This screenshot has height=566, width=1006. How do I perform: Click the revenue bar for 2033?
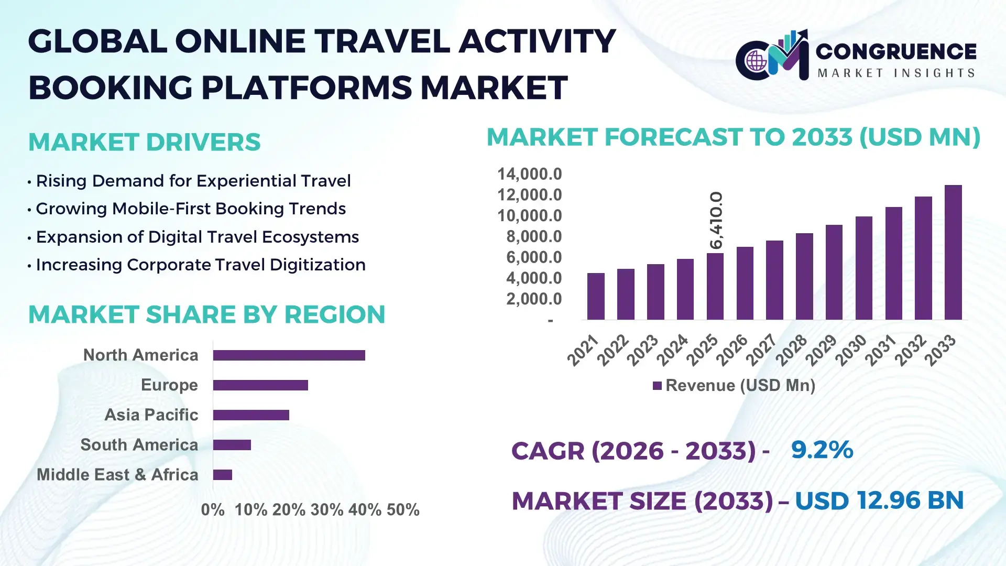coord(953,253)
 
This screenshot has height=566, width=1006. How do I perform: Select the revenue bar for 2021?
coord(596,296)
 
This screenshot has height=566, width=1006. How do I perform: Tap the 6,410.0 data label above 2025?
coord(716,220)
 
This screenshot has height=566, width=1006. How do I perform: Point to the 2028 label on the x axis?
coord(791,350)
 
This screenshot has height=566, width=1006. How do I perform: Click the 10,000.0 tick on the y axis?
coord(529,215)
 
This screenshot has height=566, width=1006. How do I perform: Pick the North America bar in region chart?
coord(289,355)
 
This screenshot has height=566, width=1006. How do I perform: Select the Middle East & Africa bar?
coord(222,475)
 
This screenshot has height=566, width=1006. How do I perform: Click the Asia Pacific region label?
coord(151,415)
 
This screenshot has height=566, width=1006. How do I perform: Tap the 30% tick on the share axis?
coord(326,509)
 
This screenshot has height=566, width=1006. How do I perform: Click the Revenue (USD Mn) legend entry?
coord(734,386)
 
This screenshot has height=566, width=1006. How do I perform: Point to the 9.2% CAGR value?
coord(822,450)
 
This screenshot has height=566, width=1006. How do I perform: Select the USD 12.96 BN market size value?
coord(879,500)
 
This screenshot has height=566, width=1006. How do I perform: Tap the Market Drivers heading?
coord(144,142)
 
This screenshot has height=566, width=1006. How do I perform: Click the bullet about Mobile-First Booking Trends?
coord(190,209)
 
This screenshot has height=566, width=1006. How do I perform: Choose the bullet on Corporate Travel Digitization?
coord(200,265)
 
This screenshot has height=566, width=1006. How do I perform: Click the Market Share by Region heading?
coord(206,314)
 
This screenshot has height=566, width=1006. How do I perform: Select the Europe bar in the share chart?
coord(260,385)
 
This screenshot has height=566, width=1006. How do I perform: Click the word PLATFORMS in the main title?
coord(307,87)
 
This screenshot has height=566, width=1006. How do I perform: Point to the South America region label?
coord(139,444)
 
